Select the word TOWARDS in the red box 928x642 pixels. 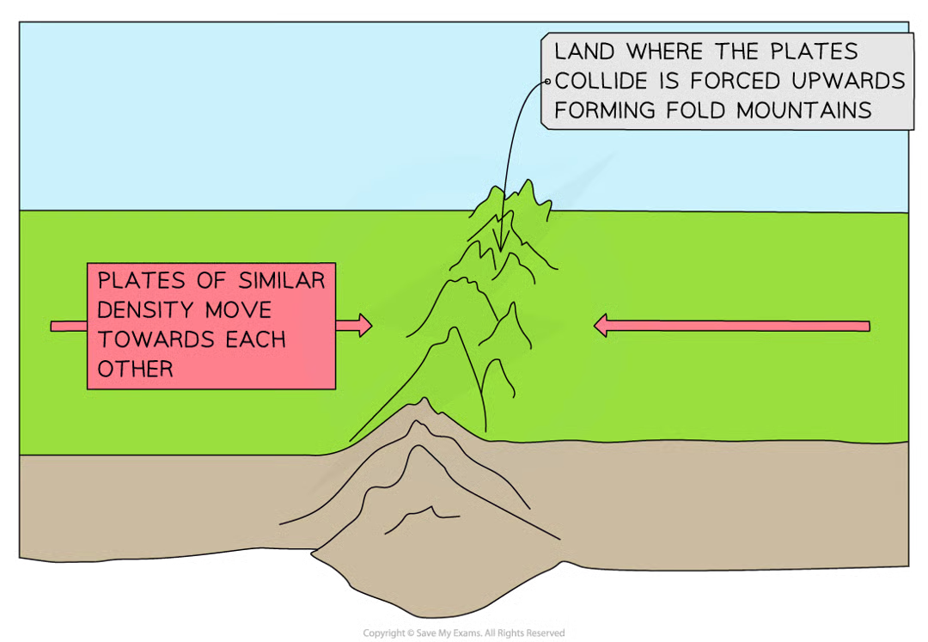coord(149,339)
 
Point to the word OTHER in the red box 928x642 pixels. coord(135,369)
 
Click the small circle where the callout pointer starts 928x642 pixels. coord(547,82)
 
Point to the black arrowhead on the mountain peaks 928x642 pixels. coord(499,245)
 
